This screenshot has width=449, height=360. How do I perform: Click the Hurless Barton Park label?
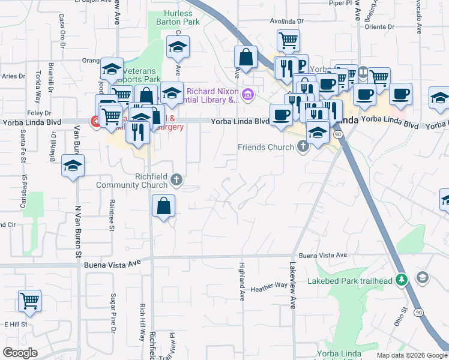(x=178, y=18)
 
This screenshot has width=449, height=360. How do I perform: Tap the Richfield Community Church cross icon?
(x=176, y=179)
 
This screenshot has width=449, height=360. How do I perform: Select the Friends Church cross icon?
(x=304, y=146)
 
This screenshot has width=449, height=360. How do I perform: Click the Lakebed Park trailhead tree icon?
(x=403, y=280)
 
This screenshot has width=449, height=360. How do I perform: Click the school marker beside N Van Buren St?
(x=73, y=166)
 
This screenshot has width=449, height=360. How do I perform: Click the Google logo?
(x=20, y=353)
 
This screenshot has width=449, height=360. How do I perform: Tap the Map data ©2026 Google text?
(x=412, y=355)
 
